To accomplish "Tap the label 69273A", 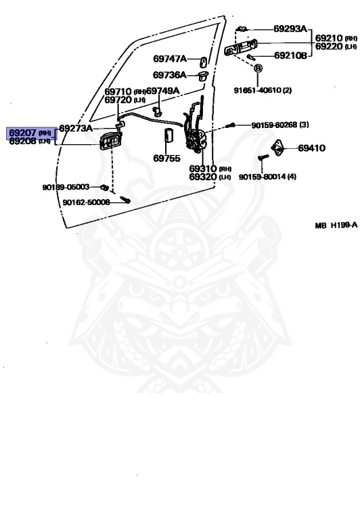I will coord(76,128).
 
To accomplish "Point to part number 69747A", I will coord(169,59).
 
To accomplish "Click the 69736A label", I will coord(169,75).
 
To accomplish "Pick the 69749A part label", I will coord(163,91).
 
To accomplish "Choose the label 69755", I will coord(166,158).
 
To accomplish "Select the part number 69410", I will coord(311,148).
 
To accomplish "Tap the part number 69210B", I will coord(290,56).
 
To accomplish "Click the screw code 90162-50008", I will coord(86,202).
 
